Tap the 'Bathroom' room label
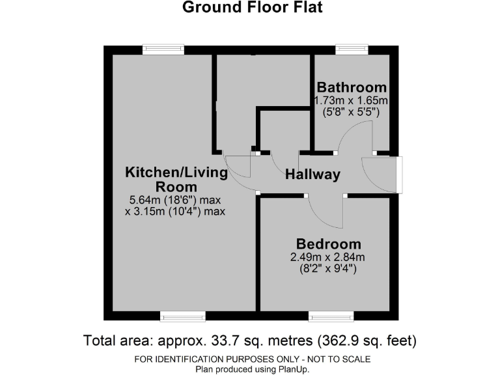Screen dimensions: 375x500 [352, 87]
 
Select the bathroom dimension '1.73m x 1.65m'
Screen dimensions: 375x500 [351, 100]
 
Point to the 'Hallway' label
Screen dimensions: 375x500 [313, 174]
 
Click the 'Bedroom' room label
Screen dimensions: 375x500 [328, 245]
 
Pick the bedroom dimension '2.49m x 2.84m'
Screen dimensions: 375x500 [328, 257]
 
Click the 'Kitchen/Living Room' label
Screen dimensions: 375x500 [176, 180]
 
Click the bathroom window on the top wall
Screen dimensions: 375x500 [352, 49]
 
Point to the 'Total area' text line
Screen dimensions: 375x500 [250, 340]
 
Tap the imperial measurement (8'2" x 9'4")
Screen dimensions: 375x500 [328, 268]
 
